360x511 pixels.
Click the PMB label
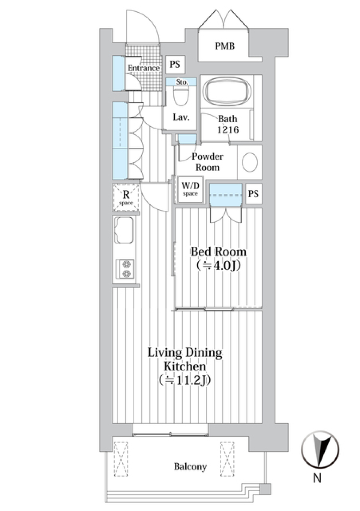225,46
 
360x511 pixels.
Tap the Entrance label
144,68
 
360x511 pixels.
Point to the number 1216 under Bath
228,130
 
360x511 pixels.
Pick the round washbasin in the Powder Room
250,162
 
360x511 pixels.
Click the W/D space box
190,190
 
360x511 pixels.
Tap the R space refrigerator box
126,197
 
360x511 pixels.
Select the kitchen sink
124,230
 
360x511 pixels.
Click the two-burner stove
125,269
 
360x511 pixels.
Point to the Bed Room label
218,252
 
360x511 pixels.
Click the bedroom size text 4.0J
218,265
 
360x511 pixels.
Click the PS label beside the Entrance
175,64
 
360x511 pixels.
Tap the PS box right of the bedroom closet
253,194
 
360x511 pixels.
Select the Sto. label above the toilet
181,82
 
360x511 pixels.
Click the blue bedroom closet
226,195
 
